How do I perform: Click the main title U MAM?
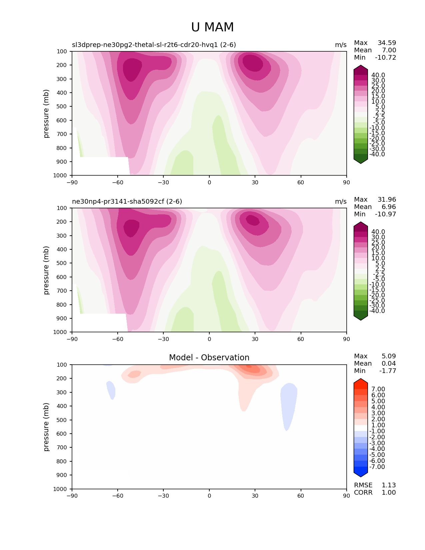212,27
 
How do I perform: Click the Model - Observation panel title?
209,358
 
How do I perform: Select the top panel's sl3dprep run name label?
154,45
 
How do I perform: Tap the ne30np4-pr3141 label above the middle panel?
127,201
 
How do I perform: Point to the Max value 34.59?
387,43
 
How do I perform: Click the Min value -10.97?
386,214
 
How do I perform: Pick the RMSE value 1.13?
389,485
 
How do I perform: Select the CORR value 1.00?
389,492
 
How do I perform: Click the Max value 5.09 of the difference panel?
389,356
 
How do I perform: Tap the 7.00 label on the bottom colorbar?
378,389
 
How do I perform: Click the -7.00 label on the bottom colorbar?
377,467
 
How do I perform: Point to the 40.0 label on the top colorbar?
378,75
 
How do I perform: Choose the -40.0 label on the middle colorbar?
377,311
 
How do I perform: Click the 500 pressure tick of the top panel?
62,106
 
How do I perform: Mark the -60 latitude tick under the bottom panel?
117,496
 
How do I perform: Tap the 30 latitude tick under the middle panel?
255,339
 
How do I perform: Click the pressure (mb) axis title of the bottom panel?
46,427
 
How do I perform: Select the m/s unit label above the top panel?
341,45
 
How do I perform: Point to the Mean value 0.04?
389,363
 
